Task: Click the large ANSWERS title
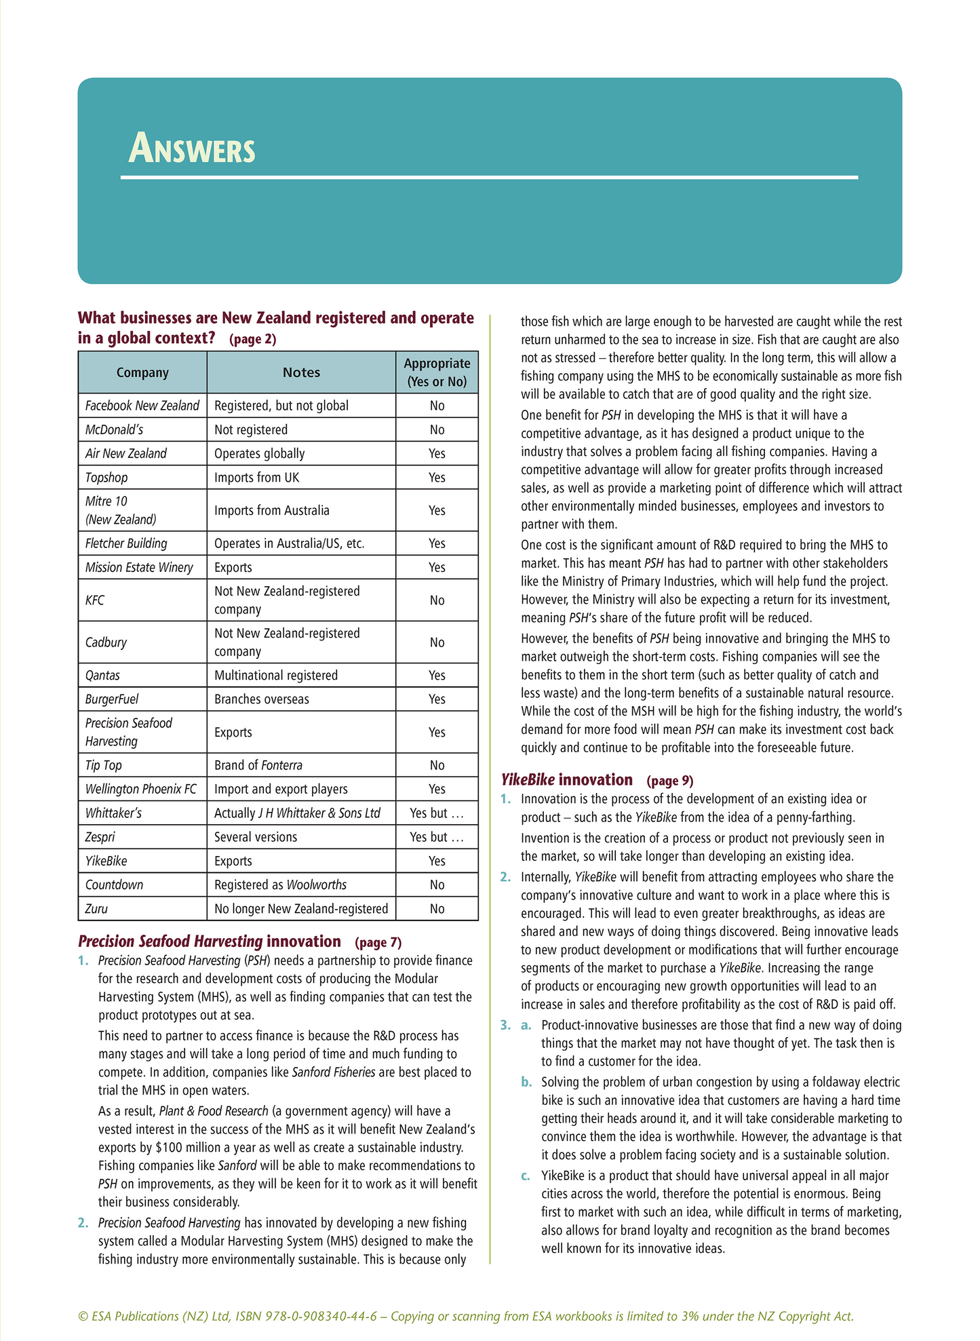(x=192, y=149)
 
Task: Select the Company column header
(x=142, y=372)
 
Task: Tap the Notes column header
(x=301, y=372)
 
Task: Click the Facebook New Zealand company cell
(x=142, y=406)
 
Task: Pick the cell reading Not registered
(x=251, y=429)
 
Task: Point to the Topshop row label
(x=106, y=478)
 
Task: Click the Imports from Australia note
(x=272, y=510)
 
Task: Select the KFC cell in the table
(x=95, y=600)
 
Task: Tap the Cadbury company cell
(x=106, y=642)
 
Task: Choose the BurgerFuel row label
(x=112, y=699)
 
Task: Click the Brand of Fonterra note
(x=258, y=765)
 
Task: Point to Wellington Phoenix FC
(x=141, y=789)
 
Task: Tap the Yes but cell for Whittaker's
(x=437, y=813)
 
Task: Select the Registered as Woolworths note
(x=280, y=885)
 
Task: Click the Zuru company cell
(x=96, y=909)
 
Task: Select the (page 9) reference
(x=670, y=781)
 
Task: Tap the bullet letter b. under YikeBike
(x=526, y=1082)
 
